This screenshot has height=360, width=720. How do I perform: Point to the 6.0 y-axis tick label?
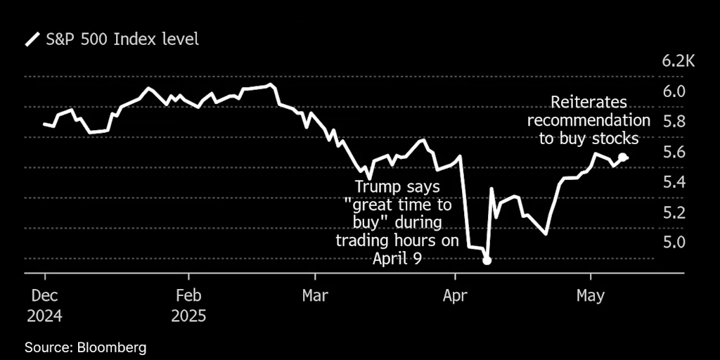coord(673,91)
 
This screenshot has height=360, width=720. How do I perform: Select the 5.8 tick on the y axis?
coord(673,122)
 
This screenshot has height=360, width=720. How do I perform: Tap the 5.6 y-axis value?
coord(673,152)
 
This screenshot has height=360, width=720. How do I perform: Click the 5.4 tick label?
coord(673,182)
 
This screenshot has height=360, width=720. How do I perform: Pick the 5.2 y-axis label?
coord(673,212)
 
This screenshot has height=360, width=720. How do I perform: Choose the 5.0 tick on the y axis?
coord(673,243)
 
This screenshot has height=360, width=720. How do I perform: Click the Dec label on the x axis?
coord(44,296)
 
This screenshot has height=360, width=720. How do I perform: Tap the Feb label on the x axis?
coord(188,296)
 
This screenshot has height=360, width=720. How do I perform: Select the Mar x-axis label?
coord(315,296)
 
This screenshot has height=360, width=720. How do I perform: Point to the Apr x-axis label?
coord(456,296)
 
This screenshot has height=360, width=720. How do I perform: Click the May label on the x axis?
coord(591,296)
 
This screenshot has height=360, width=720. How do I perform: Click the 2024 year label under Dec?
coord(44,316)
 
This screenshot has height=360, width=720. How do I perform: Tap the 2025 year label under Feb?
coord(188,316)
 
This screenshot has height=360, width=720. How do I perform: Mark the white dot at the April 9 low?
coord(487,261)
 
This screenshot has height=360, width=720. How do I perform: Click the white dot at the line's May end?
coord(622,157)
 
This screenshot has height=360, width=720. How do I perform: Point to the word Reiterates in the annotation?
coord(589,102)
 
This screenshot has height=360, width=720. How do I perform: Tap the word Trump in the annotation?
coord(378,188)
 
